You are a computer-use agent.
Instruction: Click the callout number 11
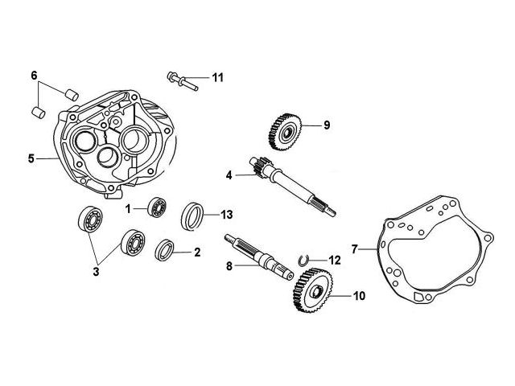217,77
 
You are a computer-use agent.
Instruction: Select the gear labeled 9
282,128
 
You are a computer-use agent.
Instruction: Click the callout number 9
327,125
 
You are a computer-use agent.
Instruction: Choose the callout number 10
358,296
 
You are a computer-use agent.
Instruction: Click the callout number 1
127,208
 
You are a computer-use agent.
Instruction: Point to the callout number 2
198,252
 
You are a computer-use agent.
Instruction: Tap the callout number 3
96,271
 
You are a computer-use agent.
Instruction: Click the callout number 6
35,76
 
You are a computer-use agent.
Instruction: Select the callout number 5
31,158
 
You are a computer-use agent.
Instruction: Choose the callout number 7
354,249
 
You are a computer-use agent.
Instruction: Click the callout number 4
229,175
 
